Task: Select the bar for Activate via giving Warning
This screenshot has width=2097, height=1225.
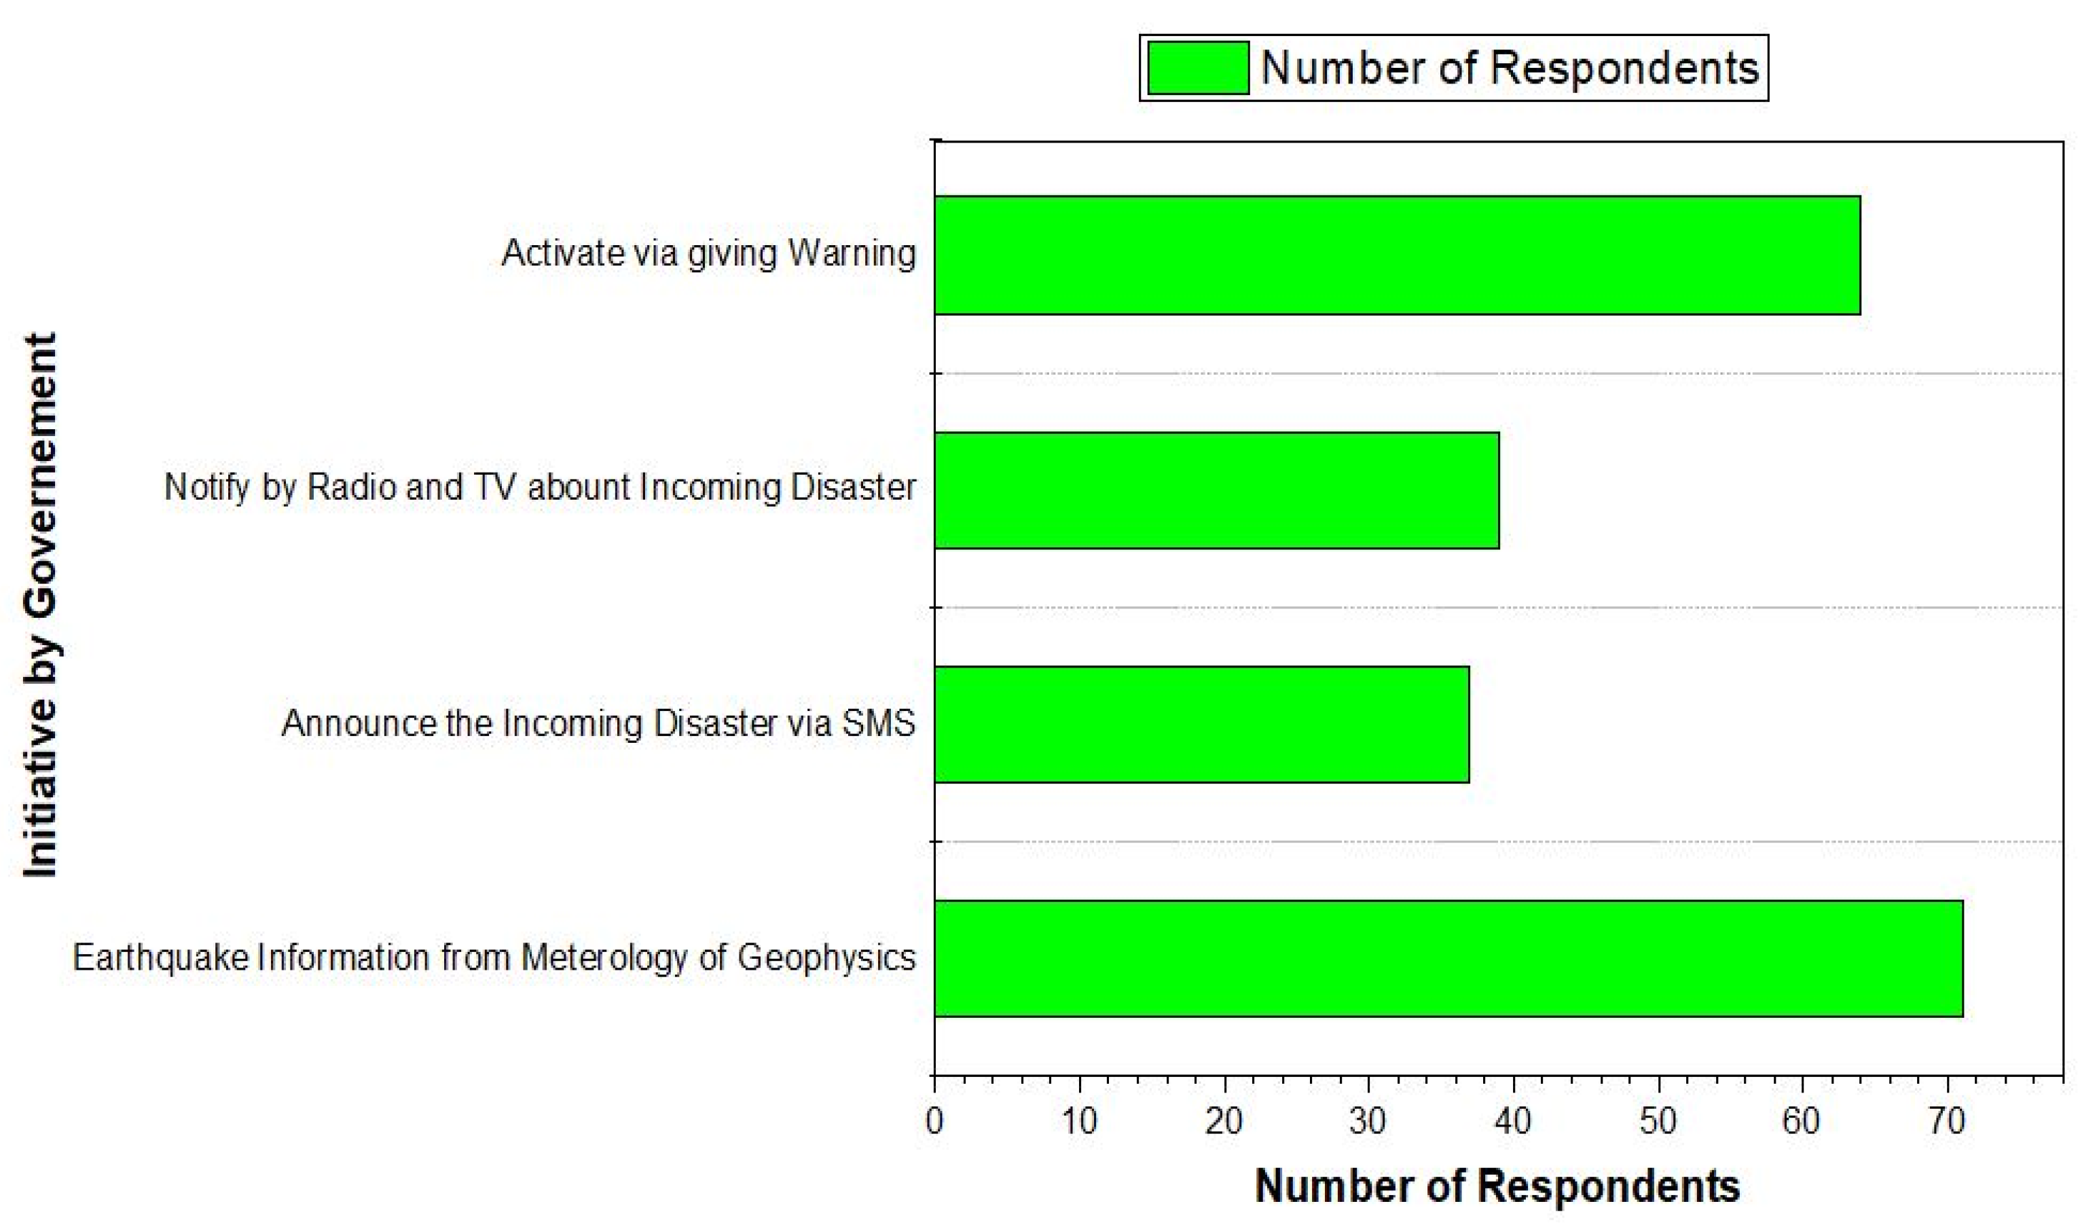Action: [x=1396, y=255]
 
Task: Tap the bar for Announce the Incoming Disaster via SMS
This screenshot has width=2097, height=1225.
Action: [x=1201, y=724]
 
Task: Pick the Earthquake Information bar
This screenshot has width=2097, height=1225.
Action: [x=1448, y=958]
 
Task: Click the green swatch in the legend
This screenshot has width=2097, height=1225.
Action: [x=1197, y=68]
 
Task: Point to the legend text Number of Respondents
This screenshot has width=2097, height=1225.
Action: [x=1509, y=68]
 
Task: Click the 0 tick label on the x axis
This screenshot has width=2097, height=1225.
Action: [x=934, y=1121]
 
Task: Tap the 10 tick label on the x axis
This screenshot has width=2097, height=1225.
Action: [x=1078, y=1121]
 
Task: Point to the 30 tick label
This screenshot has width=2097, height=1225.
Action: [x=1368, y=1121]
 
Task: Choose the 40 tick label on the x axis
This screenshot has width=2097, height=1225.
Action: [x=1513, y=1121]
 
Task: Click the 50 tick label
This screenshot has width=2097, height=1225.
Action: [x=1658, y=1121]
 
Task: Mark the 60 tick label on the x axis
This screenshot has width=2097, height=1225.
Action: [x=1802, y=1121]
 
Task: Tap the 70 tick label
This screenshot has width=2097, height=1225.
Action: [x=1946, y=1121]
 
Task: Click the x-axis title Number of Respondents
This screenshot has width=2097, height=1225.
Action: [x=1496, y=1186]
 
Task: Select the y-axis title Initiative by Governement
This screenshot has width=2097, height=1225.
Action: [x=40, y=604]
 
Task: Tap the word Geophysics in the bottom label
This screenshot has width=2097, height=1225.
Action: [x=826, y=958]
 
